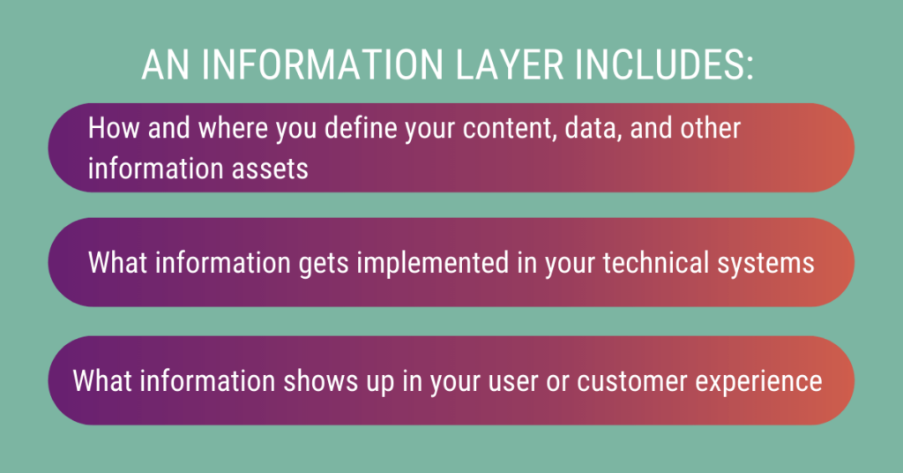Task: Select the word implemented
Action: click(444, 263)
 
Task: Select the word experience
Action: click(766, 381)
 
